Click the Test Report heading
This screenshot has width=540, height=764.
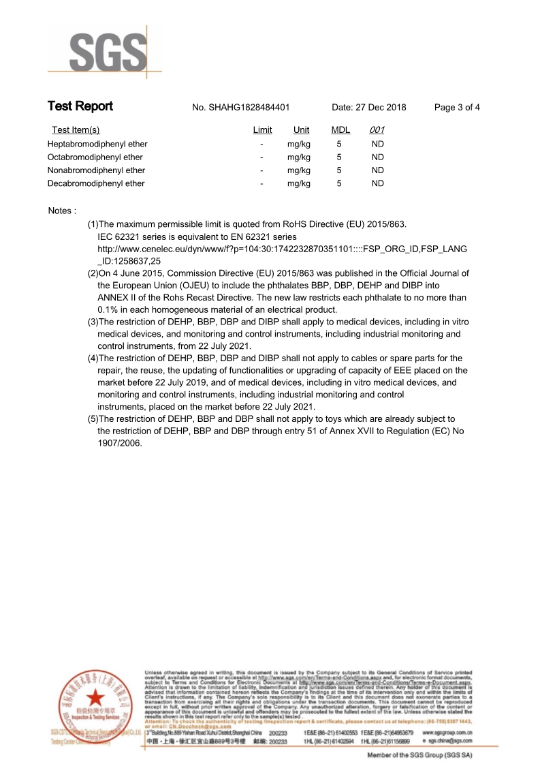[x=80, y=106]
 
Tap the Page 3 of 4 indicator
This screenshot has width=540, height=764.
[x=457, y=108]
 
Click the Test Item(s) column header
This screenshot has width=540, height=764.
[x=76, y=130]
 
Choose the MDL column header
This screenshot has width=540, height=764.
[x=340, y=130]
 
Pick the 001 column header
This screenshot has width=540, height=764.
[x=377, y=130]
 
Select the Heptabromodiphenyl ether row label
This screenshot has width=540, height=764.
[x=97, y=144]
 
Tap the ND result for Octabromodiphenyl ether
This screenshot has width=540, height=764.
[x=377, y=157]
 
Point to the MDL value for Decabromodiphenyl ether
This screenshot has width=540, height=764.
[x=339, y=183]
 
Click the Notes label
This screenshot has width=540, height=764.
[x=62, y=211]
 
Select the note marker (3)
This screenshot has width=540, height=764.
[x=93, y=322]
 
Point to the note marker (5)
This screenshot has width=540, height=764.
[x=93, y=419]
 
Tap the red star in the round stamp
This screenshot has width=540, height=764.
[x=95, y=697]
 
